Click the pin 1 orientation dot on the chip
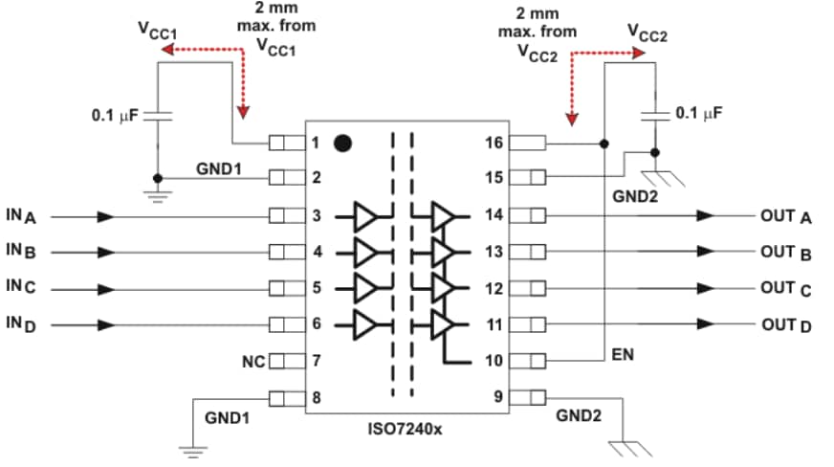pos(342,145)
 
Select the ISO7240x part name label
pos(406,430)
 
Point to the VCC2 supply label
pos(647,34)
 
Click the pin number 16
pos(494,144)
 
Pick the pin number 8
pos(317,397)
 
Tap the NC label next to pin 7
pos(253,362)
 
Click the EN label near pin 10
pos(622,355)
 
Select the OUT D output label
pos(785,325)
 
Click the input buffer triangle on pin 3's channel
pos(366,216)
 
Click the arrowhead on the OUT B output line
pos(705,253)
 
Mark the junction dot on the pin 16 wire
pos(604,144)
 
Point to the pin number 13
pos(494,253)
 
